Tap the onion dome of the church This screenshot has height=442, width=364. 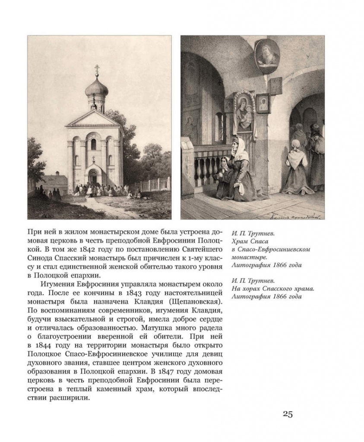[97, 88]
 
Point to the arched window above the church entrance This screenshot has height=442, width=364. [94, 144]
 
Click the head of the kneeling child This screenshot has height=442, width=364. [224, 162]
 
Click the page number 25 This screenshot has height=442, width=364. [288, 414]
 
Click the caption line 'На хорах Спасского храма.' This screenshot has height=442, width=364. [272, 288]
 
